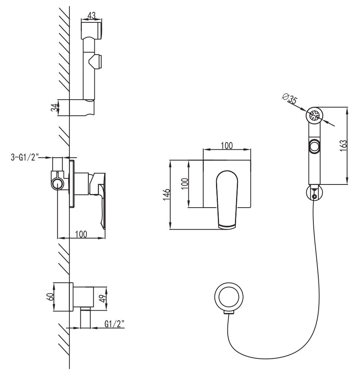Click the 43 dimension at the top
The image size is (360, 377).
coord(91,16)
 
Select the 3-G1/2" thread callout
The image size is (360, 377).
coord(25,158)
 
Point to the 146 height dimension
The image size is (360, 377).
coord(166,194)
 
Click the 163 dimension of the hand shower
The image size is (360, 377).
coord(343,145)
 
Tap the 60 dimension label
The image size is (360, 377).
coord(50,297)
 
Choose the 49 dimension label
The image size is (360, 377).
coord(103,298)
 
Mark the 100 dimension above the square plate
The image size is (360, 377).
coord(227,146)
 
